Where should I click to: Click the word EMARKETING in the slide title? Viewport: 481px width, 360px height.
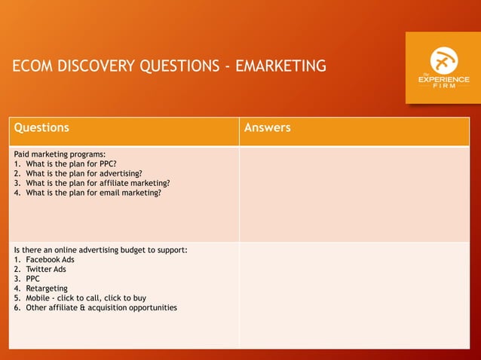pyautogui.click(x=280, y=66)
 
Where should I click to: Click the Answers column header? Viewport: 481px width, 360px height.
pyautogui.click(x=268, y=128)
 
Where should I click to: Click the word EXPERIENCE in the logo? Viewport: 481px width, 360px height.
pyautogui.click(x=443, y=79)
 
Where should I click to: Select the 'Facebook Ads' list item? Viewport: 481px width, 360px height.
pyautogui.click(x=50, y=260)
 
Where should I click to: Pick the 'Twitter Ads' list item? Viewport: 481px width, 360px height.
pyautogui.click(x=46, y=269)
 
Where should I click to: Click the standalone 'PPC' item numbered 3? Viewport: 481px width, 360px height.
pyautogui.click(x=34, y=279)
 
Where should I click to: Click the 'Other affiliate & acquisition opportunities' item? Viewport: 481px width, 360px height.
pyautogui.click(x=101, y=308)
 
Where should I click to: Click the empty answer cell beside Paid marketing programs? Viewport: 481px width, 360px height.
pyautogui.click(x=354, y=194)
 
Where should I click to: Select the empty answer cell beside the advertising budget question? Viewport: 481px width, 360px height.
pyautogui.click(x=354, y=294)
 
